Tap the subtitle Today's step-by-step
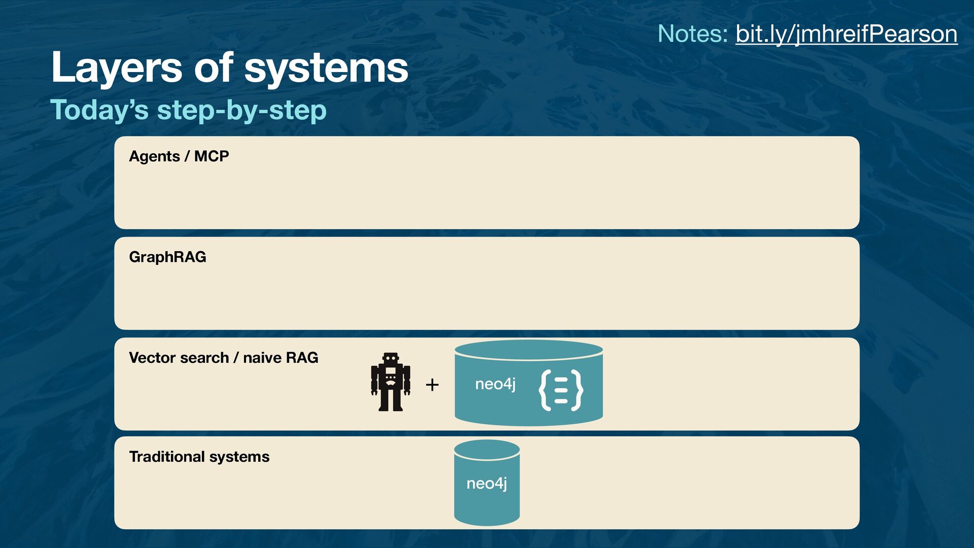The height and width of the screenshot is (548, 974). tap(188, 110)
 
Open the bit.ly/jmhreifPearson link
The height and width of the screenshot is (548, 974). tap(846, 34)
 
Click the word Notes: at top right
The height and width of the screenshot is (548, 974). tap(692, 34)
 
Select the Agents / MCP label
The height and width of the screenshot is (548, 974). tap(179, 156)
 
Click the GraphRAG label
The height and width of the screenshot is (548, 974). tap(167, 257)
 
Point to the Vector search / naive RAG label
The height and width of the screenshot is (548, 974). tap(223, 358)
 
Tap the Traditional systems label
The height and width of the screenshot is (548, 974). tap(199, 457)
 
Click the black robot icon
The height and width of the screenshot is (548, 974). tap(390, 382)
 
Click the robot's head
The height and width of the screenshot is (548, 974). tap(390, 358)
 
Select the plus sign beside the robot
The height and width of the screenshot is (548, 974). tap(432, 385)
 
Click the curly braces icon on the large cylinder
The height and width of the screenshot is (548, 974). tap(561, 390)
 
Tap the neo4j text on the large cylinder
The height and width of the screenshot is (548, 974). tap(495, 384)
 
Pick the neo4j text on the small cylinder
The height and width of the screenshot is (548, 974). tap(486, 484)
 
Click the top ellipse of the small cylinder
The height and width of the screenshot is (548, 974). tap(487, 450)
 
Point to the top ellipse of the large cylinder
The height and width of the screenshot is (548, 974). tap(529, 350)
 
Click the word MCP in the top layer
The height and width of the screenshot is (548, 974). tap(211, 156)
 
